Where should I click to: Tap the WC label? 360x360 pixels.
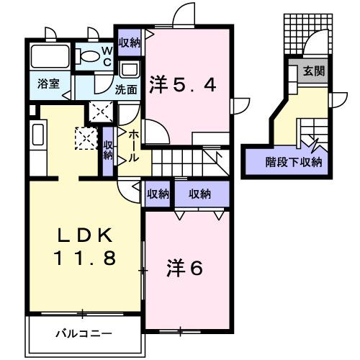click(x=106, y=57)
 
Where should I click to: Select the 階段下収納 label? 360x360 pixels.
click(x=293, y=161)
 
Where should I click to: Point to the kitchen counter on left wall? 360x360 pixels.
click(x=38, y=136)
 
